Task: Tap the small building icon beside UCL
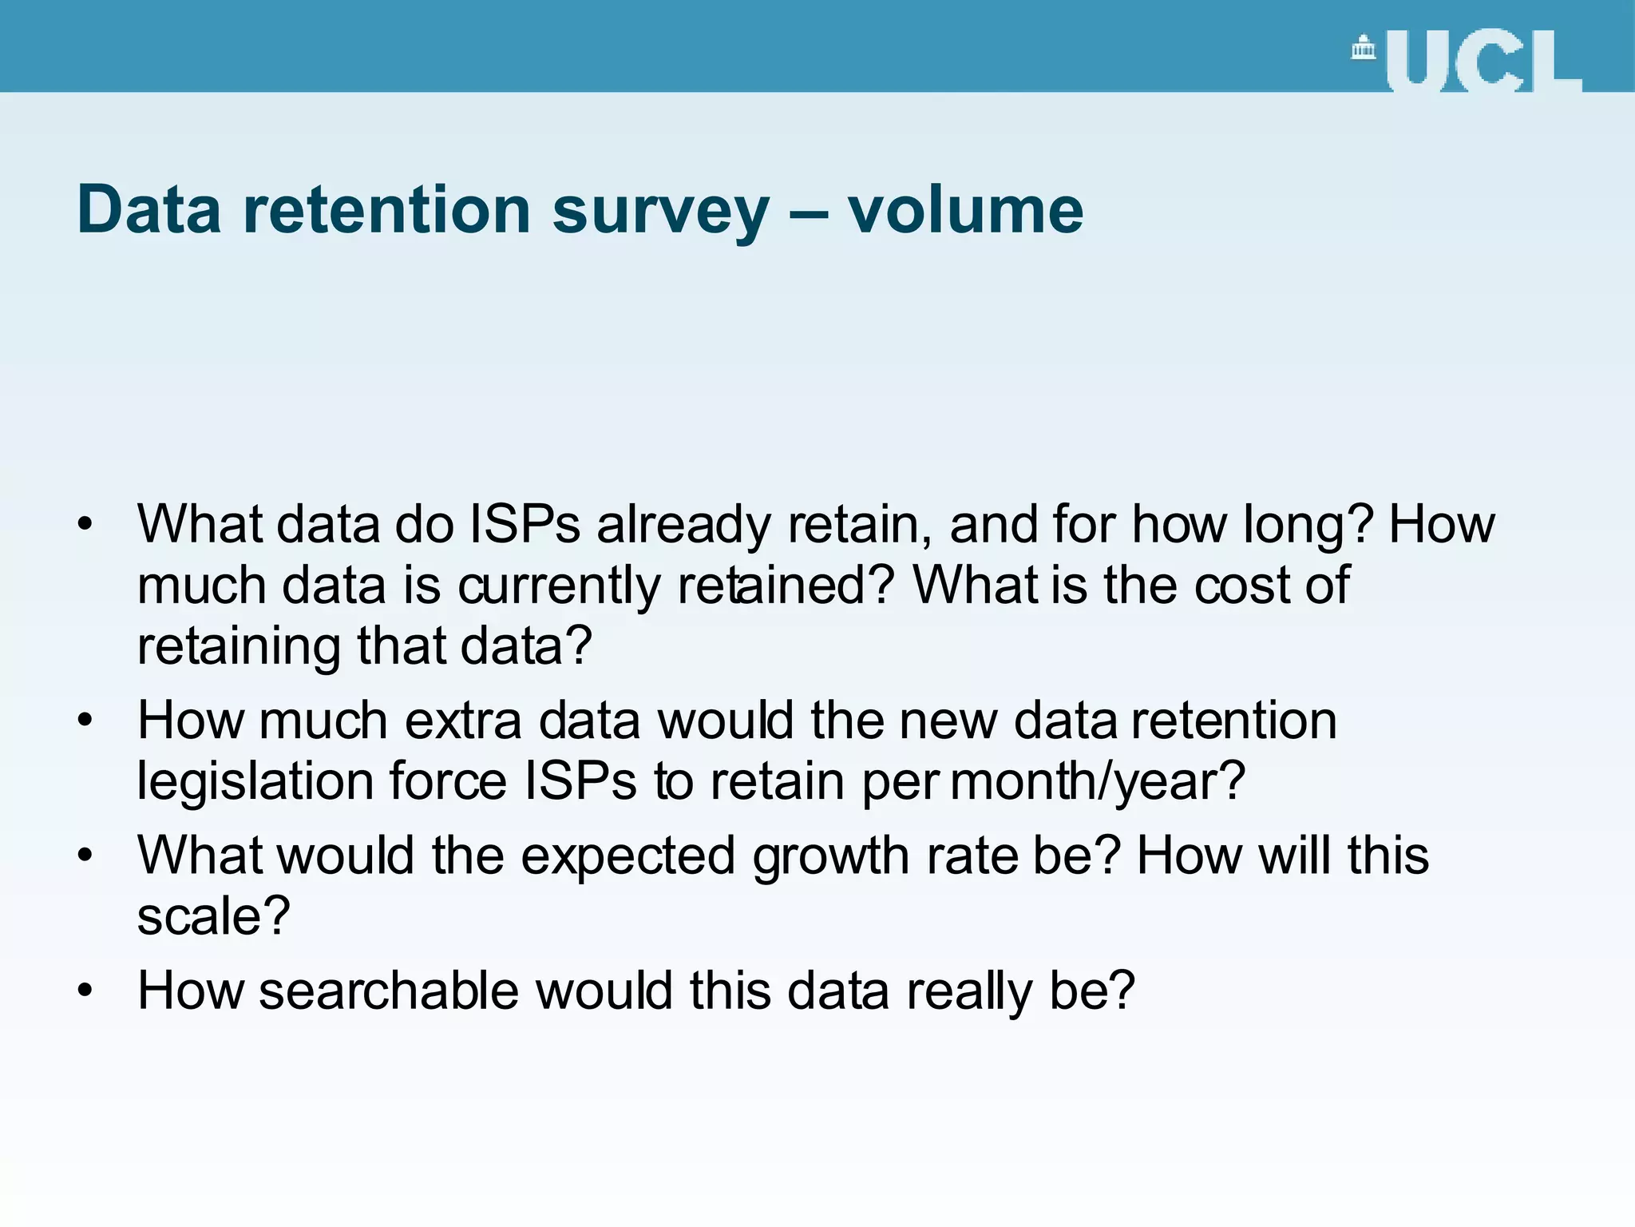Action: (x=1364, y=49)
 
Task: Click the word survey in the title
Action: (x=660, y=211)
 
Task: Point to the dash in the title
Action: (x=808, y=212)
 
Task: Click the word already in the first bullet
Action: (x=683, y=526)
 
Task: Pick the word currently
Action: (x=559, y=586)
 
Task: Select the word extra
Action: (x=463, y=721)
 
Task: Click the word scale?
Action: (x=213, y=915)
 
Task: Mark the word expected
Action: (x=627, y=856)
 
